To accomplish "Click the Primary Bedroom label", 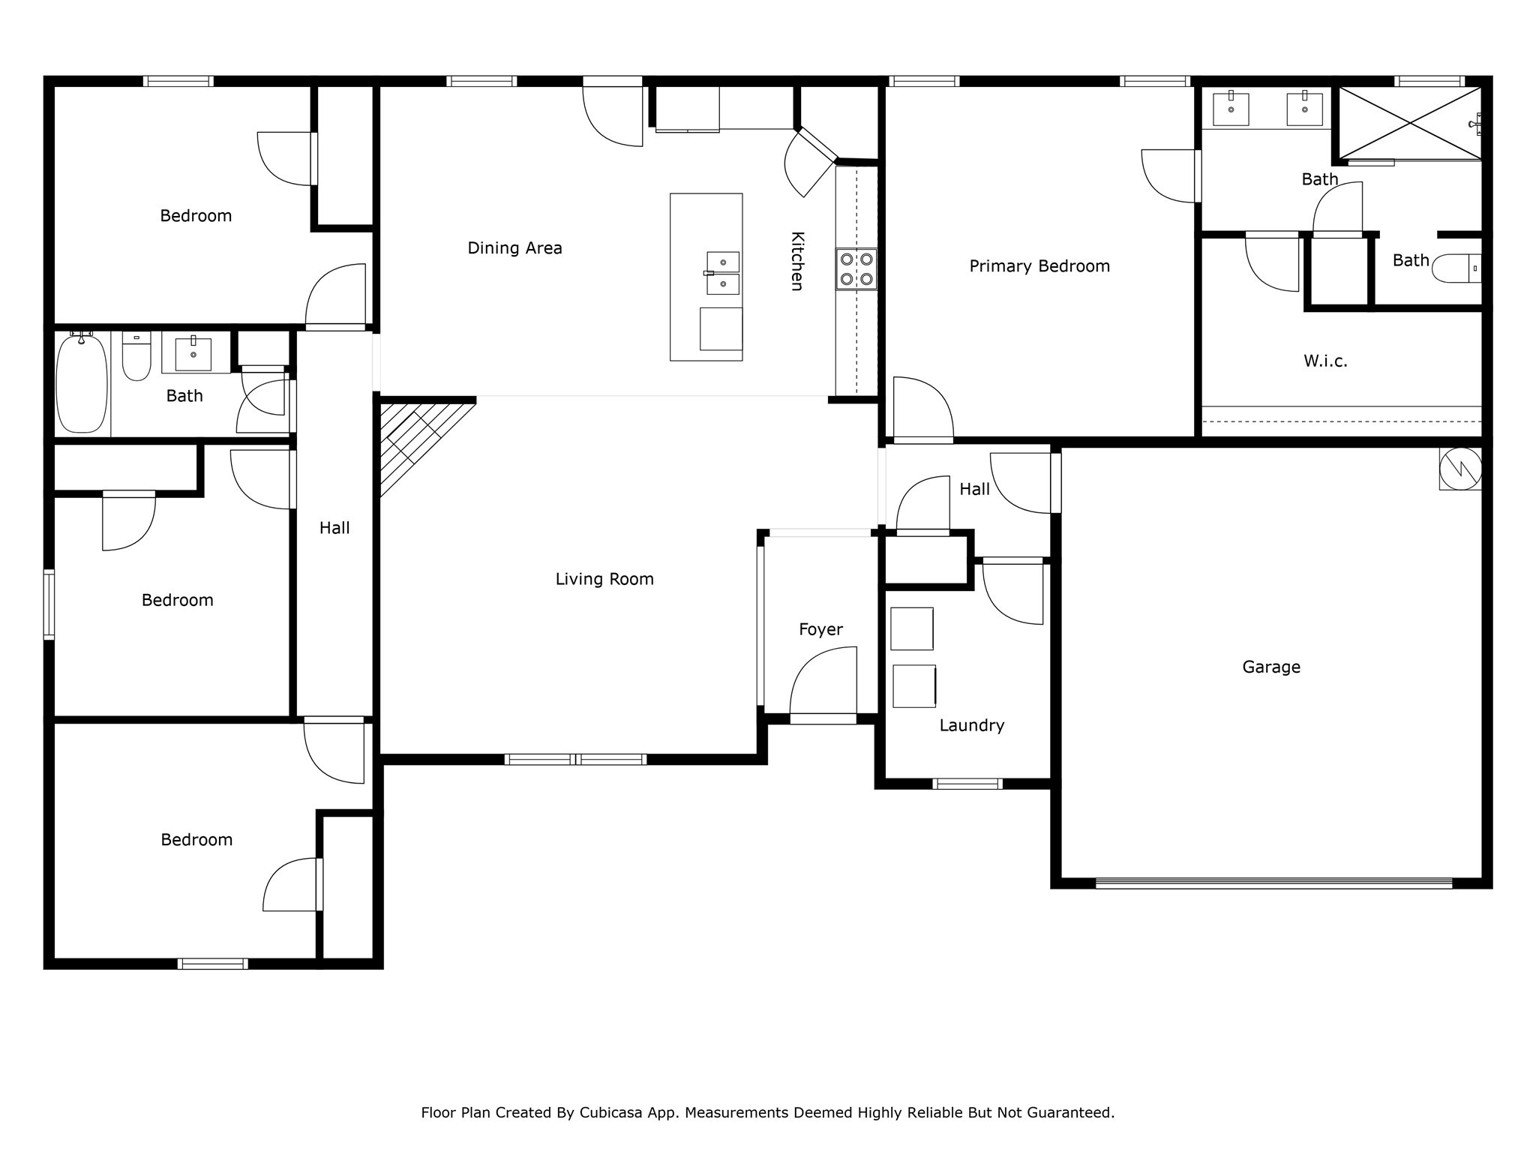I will pos(1039,266).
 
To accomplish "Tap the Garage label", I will pos(1270,667).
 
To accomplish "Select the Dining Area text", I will pos(514,248).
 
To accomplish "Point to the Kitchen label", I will pos(797,260).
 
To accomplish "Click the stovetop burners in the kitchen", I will pos(856,269).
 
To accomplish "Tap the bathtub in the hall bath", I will pos(81,384).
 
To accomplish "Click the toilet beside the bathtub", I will pos(136,357).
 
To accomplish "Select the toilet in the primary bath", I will pos(1456,268).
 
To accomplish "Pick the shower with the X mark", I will pos(1410,123).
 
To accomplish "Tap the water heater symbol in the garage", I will pos(1459,469).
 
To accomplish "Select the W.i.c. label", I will pos(1325,361).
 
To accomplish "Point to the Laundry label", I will pos(971,725).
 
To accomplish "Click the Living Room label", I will pos(604,579).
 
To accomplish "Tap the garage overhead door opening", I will pos(1273,883).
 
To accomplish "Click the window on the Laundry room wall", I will pos(967,784).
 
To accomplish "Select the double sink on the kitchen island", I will pos(722,273).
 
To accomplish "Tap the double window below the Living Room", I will pos(575,760).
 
